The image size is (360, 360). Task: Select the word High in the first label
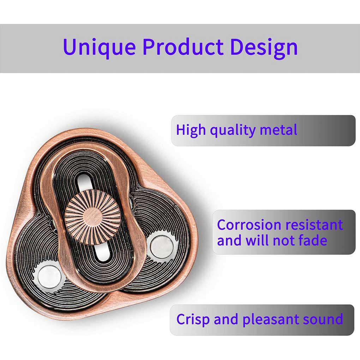pos(191,130)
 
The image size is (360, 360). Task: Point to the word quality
pos(233,131)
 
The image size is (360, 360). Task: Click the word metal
pos(278,130)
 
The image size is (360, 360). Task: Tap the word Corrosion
pos(249,225)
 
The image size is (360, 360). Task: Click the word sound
pos(323,319)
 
